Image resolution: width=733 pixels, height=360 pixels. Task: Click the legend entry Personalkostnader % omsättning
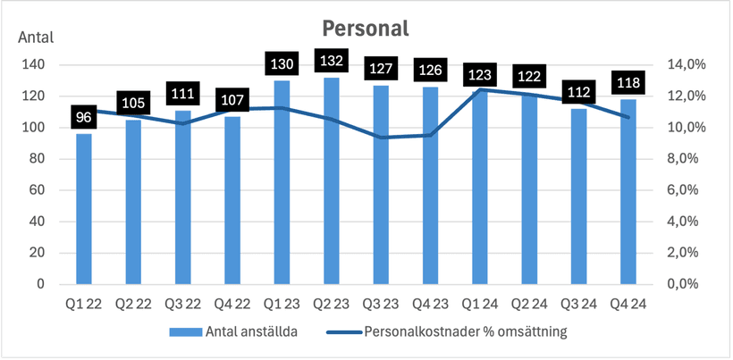[x=466, y=332]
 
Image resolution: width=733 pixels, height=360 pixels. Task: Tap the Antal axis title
[x=36, y=38]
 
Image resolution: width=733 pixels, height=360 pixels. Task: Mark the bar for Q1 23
[x=281, y=182]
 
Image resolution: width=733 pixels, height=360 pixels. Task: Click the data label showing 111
[x=182, y=95]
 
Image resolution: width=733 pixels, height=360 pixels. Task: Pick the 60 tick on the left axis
[x=38, y=190]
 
